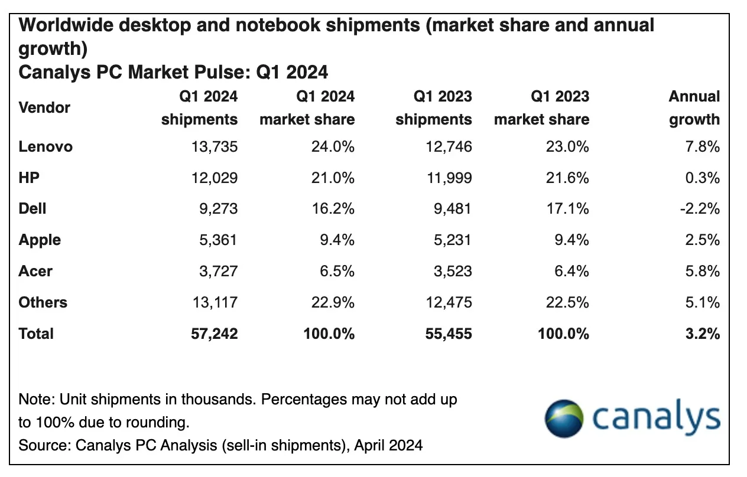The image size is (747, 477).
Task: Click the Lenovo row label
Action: tap(46, 146)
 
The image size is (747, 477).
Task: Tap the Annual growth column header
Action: tap(694, 108)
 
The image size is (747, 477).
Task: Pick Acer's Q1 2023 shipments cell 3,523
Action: tap(450, 272)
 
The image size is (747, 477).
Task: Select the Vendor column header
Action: tap(44, 108)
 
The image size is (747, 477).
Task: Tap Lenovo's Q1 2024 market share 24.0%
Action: tap(333, 146)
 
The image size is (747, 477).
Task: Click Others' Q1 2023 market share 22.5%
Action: tap(567, 303)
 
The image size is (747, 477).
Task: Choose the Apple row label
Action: tap(40, 240)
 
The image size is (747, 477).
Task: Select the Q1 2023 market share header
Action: tap(542, 108)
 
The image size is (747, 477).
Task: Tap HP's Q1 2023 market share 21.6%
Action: tap(567, 178)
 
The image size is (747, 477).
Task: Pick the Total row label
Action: tap(36, 334)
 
